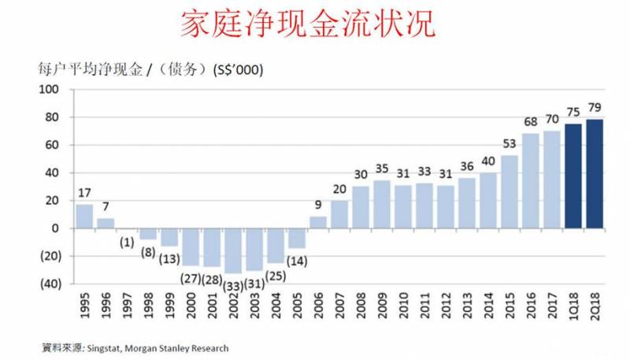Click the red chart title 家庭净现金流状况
pyautogui.click(x=307, y=24)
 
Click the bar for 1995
pyautogui.click(x=83, y=216)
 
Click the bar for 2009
pyautogui.click(x=382, y=204)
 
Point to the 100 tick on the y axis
pyautogui.click(x=50, y=90)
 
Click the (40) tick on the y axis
pyautogui.click(x=48, y=284)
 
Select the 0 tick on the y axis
pyautogui.click(x=56, y=228)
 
